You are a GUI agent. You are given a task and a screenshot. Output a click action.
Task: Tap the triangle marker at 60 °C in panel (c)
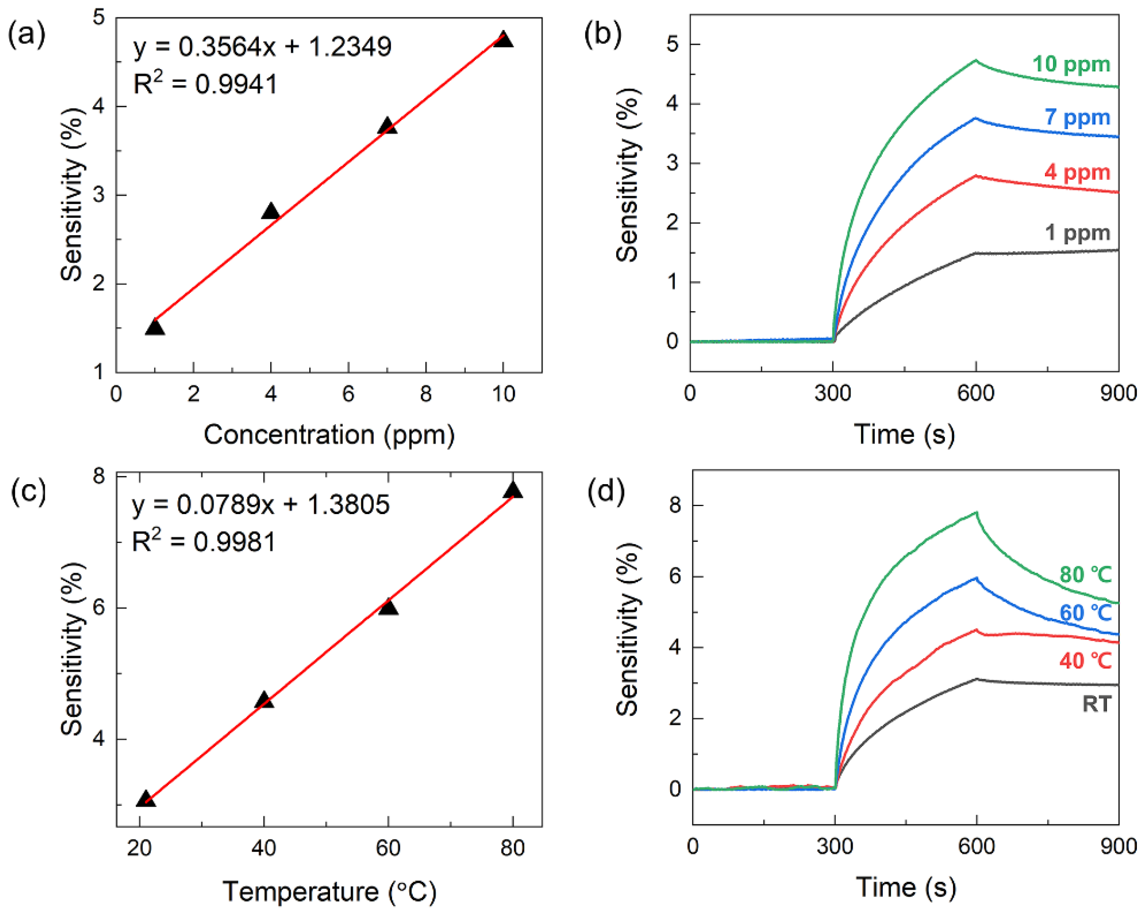(388, 607)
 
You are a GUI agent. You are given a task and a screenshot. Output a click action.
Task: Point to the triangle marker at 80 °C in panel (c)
(513, 490)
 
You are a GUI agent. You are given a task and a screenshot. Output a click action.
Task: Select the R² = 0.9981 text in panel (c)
(204, 542)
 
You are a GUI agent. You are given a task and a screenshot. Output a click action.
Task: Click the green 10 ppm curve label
(1071, 64)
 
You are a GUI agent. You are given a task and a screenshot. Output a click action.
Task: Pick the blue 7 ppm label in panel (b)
(1077, 117)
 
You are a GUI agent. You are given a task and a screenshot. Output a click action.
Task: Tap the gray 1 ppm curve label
(1077, 233)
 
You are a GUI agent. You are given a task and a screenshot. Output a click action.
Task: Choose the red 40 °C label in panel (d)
(1085, 661)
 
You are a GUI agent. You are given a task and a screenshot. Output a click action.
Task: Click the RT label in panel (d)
(1096, 704)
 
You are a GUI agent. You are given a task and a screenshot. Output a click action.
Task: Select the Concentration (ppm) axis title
(329, 435)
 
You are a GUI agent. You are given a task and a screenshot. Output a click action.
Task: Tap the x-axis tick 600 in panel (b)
(975, 393)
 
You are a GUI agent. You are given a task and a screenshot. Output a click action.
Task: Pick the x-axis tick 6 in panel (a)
(348, 393)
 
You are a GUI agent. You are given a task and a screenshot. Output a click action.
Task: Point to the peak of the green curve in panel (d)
(976, 512)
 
